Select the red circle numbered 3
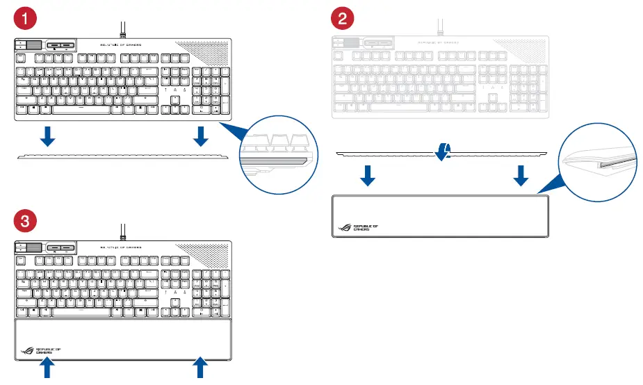click(25, 222)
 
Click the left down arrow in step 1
click(47, 136)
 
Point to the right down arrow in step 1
click(201, 136)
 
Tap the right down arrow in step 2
click(521, 177)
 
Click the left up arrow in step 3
click(47, 368)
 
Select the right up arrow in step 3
click(201, 368)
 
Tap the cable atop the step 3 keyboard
click(122, 231)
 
